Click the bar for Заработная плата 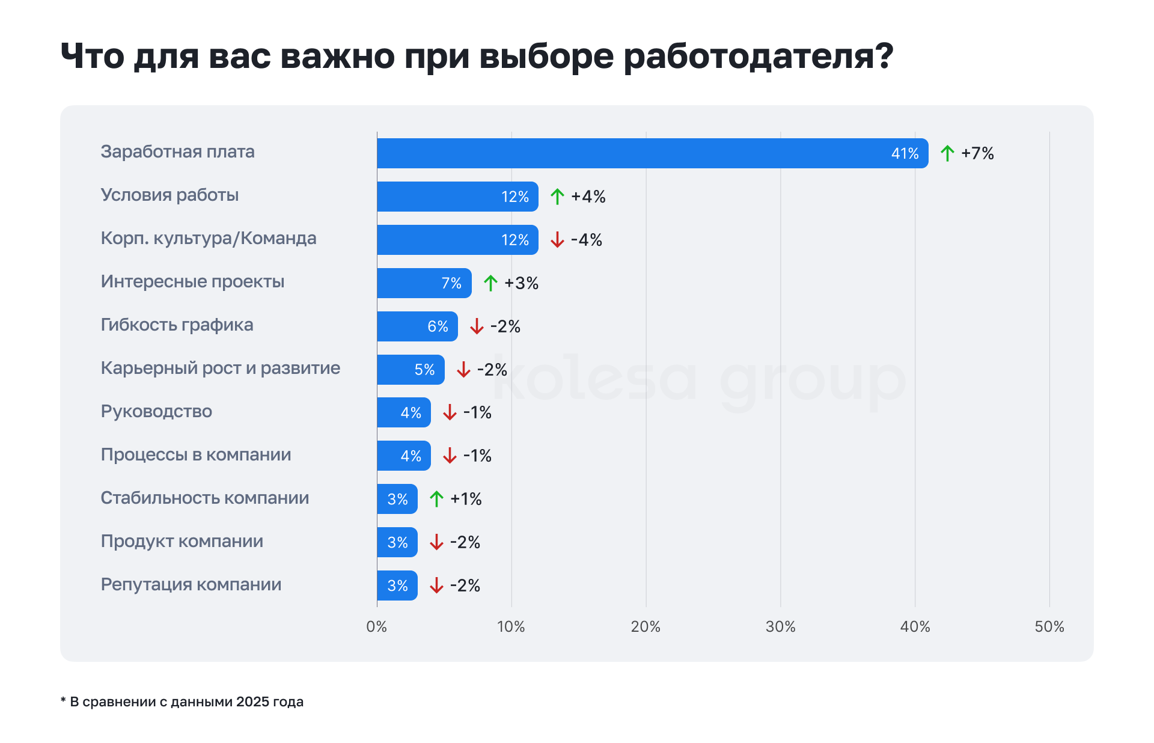click(x=652, y=153)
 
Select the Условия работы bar click(x=457, y=197)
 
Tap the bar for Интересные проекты click(x=424, y=283)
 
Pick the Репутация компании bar click(x=397, y=586)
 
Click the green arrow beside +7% click(x=947, y=153)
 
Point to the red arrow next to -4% click(x=557, y=240)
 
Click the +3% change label click(x=521, y=283)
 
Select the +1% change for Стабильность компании click(x=466, y=499)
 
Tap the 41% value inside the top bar click(x=905, y=154)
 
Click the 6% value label click(x=438, y=326)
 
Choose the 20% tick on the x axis click(x=646, y=627)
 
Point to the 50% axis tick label click(x=1049, y=627)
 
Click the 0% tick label click(x=377, y=627)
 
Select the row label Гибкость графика click(x=177, y=325)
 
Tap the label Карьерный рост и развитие click(x=220, y=368)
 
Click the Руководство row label click(x=156, y=411)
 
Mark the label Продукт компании click(x=182, y=541)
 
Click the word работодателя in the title click(x=759, y=57)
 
